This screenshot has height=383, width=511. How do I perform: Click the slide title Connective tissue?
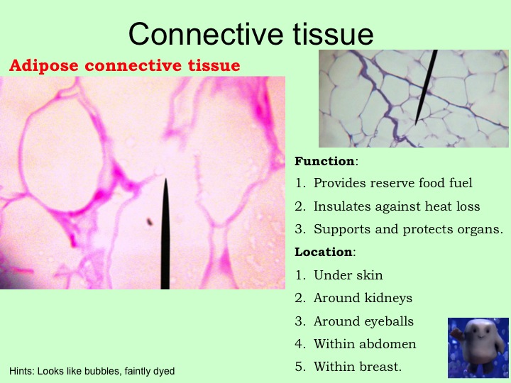251,34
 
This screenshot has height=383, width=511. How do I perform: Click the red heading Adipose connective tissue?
124,65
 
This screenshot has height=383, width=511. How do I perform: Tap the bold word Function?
324,161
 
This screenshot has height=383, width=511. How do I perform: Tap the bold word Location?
324,252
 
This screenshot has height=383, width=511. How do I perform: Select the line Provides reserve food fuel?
392,183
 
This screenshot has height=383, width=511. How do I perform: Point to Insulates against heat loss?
397,206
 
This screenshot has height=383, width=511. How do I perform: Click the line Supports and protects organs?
408,229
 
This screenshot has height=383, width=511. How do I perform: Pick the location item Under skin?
348,275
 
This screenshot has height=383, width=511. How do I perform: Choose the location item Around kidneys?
363,298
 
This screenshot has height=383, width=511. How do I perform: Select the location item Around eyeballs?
363,321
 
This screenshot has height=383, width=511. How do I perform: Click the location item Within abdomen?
365,344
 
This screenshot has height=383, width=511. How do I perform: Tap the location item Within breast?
358,367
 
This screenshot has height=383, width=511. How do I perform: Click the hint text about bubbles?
92,371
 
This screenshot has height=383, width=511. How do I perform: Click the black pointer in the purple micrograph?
427,87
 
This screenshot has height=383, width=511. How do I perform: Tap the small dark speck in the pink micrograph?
150,222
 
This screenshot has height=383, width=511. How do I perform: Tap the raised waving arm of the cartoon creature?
456,335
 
